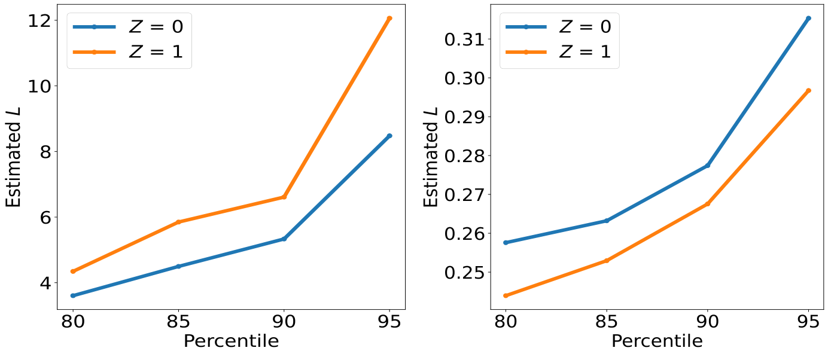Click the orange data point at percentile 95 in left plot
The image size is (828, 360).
coord(389,19)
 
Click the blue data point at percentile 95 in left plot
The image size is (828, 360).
coord(389,136)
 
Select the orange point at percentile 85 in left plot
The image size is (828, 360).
coord(178,222)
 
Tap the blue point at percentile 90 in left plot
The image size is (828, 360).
coord(284,239)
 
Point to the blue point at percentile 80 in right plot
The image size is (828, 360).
coord(506,242)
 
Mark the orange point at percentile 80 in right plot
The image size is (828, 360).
coord(506,295)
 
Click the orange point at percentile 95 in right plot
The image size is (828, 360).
coord(808,91)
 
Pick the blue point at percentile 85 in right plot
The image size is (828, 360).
coord(607,221)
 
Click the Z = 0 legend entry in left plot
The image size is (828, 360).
coord(129,26)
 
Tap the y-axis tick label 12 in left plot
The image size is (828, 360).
coord(39,20)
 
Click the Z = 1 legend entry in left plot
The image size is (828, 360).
coord(129,52)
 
